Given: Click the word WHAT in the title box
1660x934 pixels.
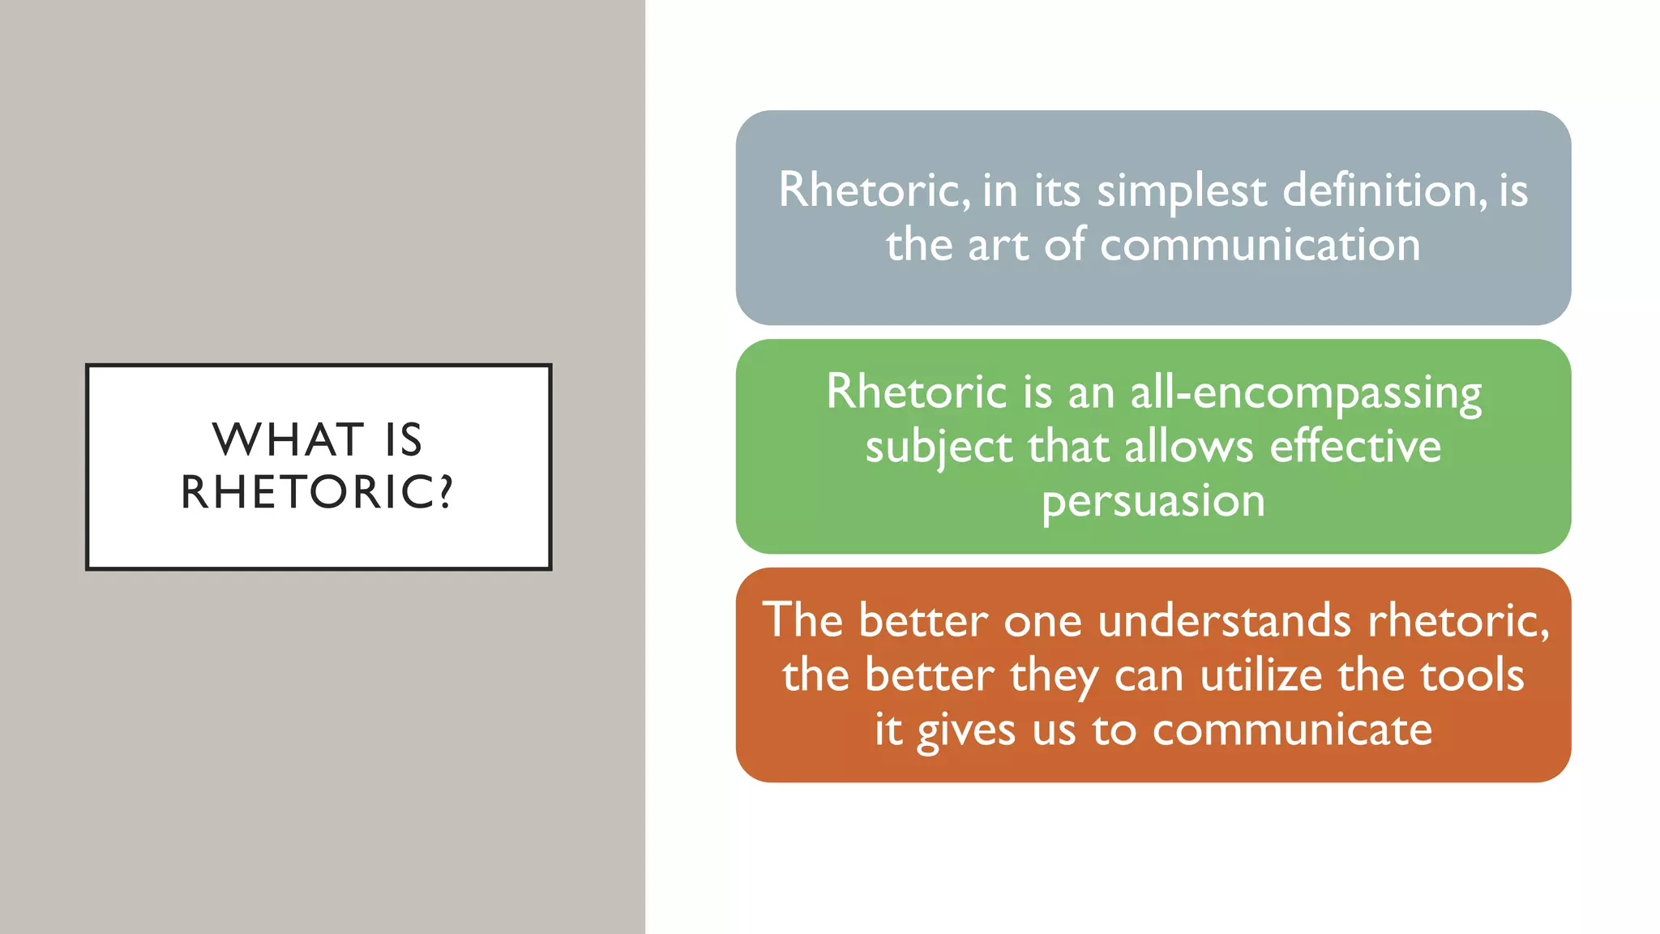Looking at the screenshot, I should (x=288, y=440).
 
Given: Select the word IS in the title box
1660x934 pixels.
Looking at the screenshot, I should (x=404, y=440).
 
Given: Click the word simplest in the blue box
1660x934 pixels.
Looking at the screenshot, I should (x=1181, y=191).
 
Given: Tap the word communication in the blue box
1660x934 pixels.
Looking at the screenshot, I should (x=1260, y=245).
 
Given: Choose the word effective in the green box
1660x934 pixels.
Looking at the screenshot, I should (x=1355, y=447).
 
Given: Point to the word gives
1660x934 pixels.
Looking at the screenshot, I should (x=965, y=730).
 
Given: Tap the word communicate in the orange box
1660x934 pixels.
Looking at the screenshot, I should (x=1292, y=730).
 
